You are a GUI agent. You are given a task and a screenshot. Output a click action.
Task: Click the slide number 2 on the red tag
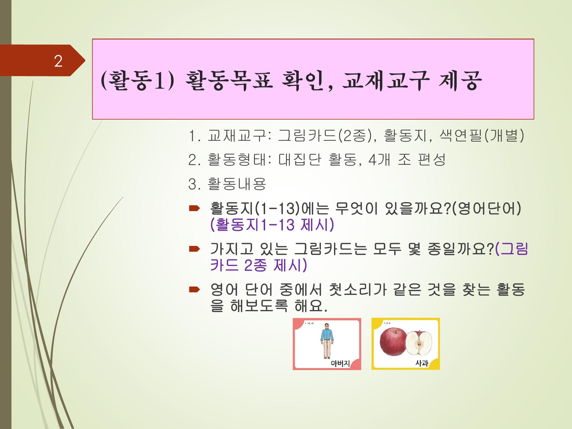(x=58, y=61)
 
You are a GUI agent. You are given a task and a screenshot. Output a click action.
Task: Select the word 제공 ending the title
(x=460, y=81)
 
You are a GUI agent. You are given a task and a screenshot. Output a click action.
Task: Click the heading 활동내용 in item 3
(x=237, y=184)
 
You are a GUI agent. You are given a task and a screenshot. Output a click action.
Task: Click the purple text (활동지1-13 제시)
(x=272, y=225)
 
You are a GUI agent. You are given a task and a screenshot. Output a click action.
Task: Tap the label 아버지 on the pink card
(x=340, y=364)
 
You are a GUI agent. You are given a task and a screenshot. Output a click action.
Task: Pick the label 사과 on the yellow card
(x=422, y=364)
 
